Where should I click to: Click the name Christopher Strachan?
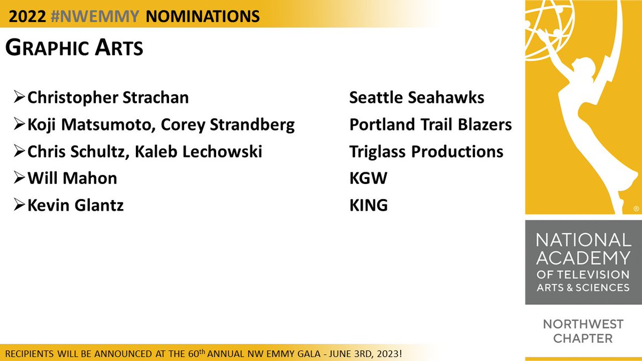(x=108, y=98)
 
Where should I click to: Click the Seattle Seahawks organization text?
(x=417, y=98)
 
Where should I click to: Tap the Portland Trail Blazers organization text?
(x=430, y=125)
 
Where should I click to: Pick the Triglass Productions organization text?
(x=426, y=151)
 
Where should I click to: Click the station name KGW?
(x=368, y=178)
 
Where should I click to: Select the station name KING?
(x=369, y=205)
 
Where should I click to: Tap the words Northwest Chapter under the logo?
(x=583, y=331)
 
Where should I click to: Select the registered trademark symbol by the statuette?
(x=636, y=209)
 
